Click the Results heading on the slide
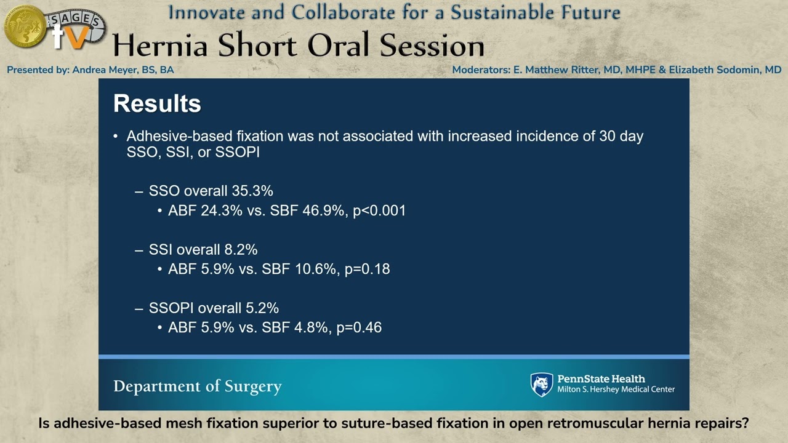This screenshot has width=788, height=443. coord(157,104)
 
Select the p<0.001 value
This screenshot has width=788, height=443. coord(379,210)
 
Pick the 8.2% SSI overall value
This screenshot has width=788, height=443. coord(241,249)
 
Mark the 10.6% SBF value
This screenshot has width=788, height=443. coord(315,269)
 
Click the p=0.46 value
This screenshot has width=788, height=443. coord(359,327)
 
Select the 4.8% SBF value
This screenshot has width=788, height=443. coord(311,327)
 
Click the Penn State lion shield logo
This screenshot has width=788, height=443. coord(542,385)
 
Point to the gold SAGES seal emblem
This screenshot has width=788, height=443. coord(25,26)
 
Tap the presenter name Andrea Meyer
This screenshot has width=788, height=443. coord(123,70)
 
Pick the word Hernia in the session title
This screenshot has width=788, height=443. coord(161,46)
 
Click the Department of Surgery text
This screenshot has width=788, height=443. coord(197,386)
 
